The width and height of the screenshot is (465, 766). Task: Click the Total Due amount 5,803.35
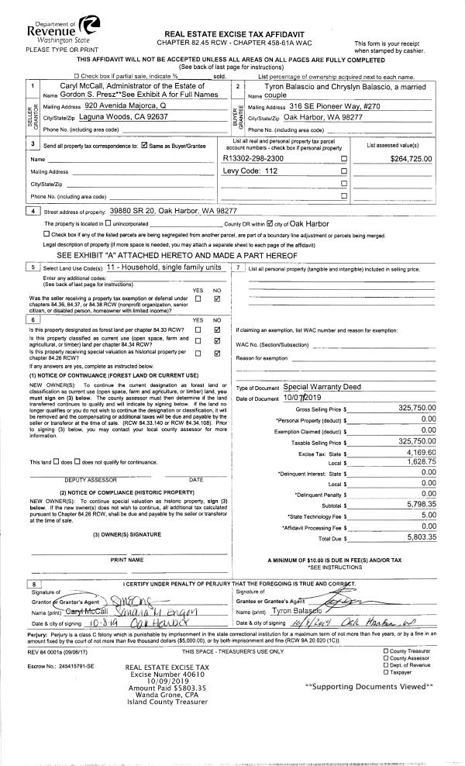click(422, 536)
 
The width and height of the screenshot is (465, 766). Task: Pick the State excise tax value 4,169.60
click(422, 452)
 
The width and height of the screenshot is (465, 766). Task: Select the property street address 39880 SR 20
click(167, 210)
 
